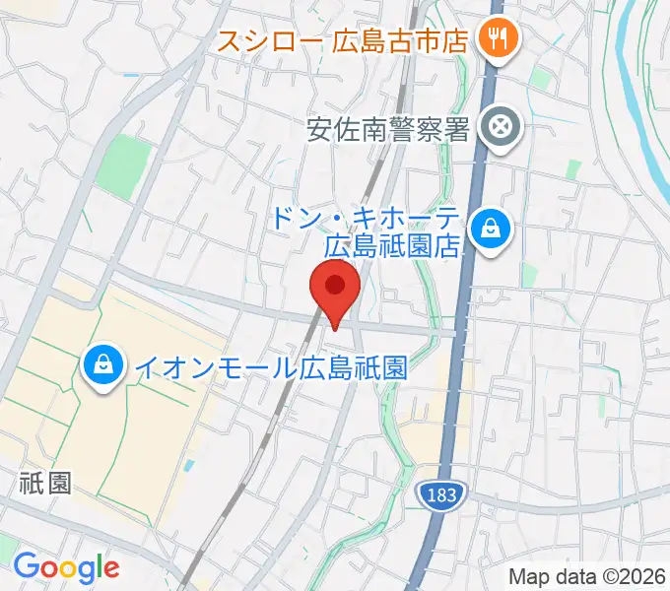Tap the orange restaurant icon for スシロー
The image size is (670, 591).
[x=490, y=39]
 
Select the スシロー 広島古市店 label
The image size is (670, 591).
[x=344, y=40]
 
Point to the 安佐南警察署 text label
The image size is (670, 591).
[x=388, y=128]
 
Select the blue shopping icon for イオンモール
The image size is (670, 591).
[x=102, y=366]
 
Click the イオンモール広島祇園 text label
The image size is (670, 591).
[x=270, y=368]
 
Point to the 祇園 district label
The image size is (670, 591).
[x=45, y=482]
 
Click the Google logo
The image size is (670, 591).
[x=66, y=566]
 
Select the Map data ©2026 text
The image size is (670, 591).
[x=585, y=576]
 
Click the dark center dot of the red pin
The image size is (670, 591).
[x=335, y=286]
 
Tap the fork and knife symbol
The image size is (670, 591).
[x=490, y=39]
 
